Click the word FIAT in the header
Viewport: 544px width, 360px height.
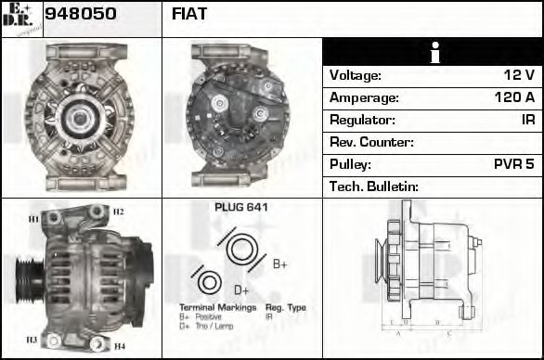coord(189,14)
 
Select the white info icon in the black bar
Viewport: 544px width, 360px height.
coord(433,52)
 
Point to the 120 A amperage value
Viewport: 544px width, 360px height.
coord(513,97)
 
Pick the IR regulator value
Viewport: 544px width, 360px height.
coord(526,120)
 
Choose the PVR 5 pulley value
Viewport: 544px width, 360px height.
coord(513,164)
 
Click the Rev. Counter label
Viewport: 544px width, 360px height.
coord(371,142)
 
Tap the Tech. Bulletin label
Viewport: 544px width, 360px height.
coord(374,186)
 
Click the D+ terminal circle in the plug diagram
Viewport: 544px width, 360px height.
coord(209,282)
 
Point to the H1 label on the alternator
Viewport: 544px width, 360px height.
coord(33,219)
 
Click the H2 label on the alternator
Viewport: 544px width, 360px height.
coord(119,212)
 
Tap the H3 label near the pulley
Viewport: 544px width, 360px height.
coord(32,340)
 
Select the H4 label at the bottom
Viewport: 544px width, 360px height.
coord(119,346)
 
